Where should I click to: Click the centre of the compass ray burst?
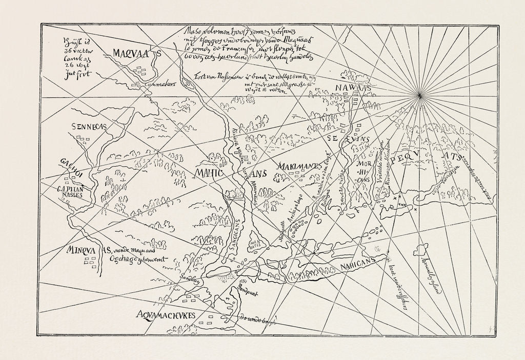(x=420, y=95)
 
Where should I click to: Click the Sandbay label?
(x=191, y=281)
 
